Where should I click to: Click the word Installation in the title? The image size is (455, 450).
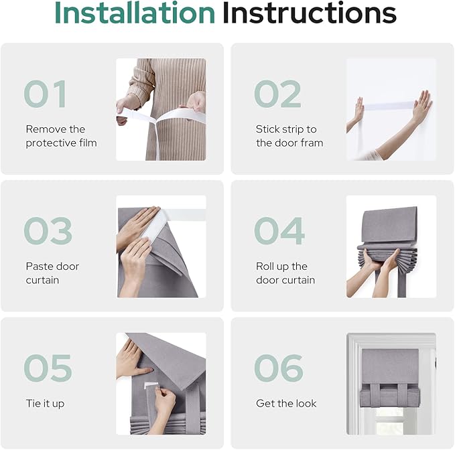tap(135, 13)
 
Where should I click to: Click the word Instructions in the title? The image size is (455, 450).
tap(310, 13)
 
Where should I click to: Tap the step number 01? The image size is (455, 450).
tap(46, 94)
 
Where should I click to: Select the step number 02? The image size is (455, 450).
tap(277, 94)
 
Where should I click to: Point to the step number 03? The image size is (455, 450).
tap(48, 231)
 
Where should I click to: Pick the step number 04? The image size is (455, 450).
tap(279, 231)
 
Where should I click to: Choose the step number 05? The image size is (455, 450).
tap(48, 368)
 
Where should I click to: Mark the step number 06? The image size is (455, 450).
tap(279, 368)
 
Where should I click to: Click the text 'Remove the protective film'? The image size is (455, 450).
tap(61, 136)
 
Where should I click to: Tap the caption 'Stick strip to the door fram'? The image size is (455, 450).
tap(289, 136)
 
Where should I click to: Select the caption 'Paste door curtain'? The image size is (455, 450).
tap(52, 273)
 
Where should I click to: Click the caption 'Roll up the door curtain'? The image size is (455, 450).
tap(285, 273)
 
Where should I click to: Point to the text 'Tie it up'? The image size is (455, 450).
tap(45, 404)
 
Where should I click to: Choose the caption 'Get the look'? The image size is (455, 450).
tap(286, 403)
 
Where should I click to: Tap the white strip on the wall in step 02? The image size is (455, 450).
tap(389, 106)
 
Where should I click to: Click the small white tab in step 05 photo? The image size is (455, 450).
tap(151, 385)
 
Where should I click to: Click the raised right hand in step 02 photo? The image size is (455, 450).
tap(421, 105)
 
